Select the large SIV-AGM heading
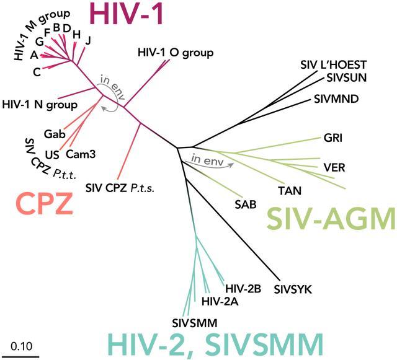[331, 218]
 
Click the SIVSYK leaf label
[293, 289]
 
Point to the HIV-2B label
[243, 288]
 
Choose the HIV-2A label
[220, 301]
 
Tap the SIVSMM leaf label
[195, 323]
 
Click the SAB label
[246, 204]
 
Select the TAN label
[290, 190]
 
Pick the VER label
[334, 167]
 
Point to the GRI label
[333, 138]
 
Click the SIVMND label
[336, 99]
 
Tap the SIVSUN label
[347, 77]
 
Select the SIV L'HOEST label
[334, 65]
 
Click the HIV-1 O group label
[176, 53]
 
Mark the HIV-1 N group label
[40, 105]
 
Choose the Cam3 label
[81, 154]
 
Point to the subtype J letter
[88, 40]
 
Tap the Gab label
[55, 134]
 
